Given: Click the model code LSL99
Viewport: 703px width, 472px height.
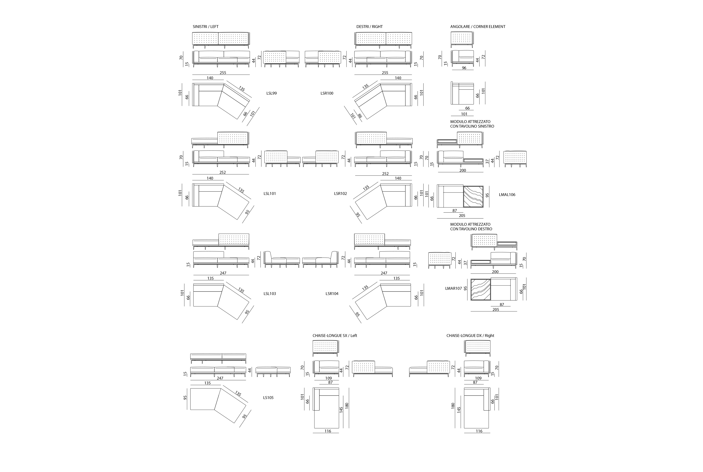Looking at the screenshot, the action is point(272,93).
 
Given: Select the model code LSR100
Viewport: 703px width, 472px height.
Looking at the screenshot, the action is point(327,93).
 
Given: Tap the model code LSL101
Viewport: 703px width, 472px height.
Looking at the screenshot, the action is point(270,194).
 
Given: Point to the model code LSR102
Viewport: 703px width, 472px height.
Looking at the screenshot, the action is point(340,194).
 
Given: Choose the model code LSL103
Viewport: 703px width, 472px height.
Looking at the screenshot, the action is point(270,293).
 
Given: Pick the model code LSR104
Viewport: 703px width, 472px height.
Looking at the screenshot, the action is point(332,293).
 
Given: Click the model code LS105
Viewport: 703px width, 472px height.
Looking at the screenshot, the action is point(268,398).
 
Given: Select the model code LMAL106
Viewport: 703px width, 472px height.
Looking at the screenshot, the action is point(507,195).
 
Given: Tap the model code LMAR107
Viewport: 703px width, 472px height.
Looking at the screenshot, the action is point(453,288).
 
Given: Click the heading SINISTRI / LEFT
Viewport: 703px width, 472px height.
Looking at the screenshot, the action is point(206,26).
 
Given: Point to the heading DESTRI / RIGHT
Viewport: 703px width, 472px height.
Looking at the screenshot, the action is point(370,26).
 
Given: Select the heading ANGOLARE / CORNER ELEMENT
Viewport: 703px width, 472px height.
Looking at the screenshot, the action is point(478,26).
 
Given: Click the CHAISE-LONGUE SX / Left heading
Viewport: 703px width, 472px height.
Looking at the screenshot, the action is point(335,336).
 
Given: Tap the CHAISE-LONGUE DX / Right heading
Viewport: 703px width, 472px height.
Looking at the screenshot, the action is point(470,336).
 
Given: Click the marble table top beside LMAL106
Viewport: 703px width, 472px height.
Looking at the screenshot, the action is point(473,197).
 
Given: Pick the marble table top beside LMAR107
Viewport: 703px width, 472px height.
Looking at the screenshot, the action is point(481,290).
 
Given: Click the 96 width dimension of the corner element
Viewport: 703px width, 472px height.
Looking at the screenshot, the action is point(464,68).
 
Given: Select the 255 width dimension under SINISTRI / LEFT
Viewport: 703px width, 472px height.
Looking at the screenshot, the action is point(223,73).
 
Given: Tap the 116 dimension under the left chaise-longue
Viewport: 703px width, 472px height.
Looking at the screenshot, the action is point(328,431).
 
